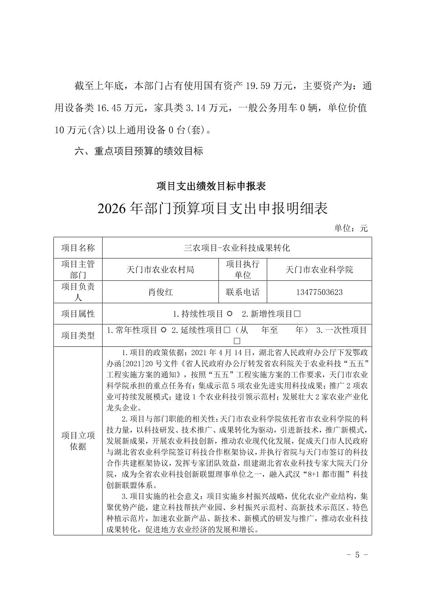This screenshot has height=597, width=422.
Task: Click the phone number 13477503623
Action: tap(319, 292)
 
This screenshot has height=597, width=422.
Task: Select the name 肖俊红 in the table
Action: tap(160, 292)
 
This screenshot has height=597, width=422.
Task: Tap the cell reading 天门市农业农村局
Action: tap(160, 269)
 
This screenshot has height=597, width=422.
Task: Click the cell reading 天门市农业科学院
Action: tap(319, 269)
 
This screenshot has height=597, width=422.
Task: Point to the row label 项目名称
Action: tap(78, 248)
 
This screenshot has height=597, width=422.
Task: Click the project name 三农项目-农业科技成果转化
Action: tap(237, 248)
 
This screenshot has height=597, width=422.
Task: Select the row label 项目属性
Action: tap(78, 314)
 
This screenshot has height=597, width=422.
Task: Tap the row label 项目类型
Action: tap(78, 335)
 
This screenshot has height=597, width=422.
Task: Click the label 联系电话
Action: tap(242, 292)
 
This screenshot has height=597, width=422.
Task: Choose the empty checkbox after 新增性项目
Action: tap(297, 314)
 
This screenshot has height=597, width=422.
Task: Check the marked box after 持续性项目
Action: tap(230, 314)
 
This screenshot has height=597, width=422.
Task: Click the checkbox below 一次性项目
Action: tap(237, 341)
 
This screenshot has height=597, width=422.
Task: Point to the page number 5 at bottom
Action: tap(357, 555)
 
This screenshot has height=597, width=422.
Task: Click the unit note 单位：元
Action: tap(350, 228)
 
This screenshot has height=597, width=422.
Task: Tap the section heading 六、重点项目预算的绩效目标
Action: tap(139, 151)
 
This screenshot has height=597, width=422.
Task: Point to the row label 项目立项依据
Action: tap(78, 441)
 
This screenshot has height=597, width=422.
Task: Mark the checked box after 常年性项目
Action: tap(164, 330)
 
